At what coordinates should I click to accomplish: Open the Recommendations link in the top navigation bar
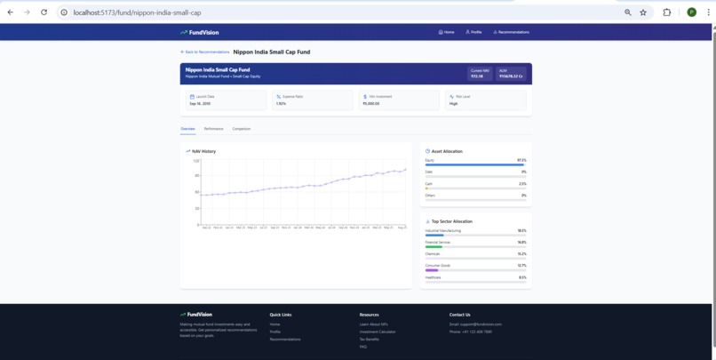point(511,32)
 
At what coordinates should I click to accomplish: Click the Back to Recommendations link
point(204,52)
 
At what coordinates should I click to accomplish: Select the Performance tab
point(213,129)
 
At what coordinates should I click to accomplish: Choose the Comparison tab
point(241,129)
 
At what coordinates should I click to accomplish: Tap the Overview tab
point(187,129)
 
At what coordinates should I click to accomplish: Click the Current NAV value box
point(480,74)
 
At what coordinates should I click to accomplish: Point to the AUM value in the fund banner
point(511,76)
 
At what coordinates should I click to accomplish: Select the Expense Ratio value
point(281,104)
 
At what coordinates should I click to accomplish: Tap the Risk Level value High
point(453,104)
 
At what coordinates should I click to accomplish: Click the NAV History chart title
point(203,151)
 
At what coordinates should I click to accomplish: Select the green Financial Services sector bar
point(434,247)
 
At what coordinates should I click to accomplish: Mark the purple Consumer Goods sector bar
point(432,270)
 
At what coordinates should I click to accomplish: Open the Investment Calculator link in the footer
point(378,332)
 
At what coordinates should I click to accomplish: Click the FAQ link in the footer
point(363,347)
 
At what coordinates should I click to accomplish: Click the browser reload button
point(44,12)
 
